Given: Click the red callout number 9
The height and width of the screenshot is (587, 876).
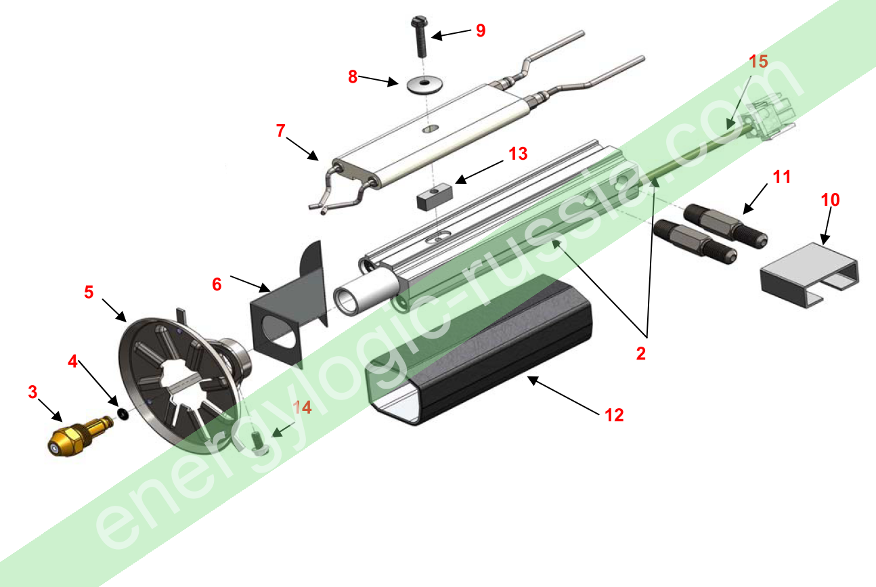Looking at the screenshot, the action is [x=481, y=30].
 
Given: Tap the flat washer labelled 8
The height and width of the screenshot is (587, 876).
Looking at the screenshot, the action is [x=424, y=84].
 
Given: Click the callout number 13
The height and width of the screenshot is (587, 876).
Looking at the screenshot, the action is [x=518, y=154].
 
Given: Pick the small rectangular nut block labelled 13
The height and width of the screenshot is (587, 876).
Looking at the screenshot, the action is [x=435, y=197].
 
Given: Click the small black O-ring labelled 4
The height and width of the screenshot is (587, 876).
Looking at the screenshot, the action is [x=123, y=414].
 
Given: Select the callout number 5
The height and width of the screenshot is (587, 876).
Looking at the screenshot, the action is [x=89, y=292].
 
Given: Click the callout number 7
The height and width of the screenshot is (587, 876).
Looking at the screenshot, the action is [x=280, y=131].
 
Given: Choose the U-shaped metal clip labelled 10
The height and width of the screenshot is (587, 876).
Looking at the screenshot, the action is [x=810, y=274].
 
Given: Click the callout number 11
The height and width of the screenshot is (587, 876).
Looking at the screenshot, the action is [x=781, y=177].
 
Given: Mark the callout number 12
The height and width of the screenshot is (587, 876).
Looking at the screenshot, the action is [x=614, y=415].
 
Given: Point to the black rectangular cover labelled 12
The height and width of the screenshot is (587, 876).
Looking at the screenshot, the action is [x=478, y=349].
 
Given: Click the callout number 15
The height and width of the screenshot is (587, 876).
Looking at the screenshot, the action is [x=758, y=62].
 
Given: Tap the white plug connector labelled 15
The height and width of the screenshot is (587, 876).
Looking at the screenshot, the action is [x=770, y=116].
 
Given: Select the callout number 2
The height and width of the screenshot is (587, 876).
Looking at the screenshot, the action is [x=640, y=353].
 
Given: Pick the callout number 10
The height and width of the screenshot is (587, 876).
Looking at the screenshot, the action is [x=830, y=200].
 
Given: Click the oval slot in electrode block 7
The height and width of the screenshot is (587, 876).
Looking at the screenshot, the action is [x=431, y=128].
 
